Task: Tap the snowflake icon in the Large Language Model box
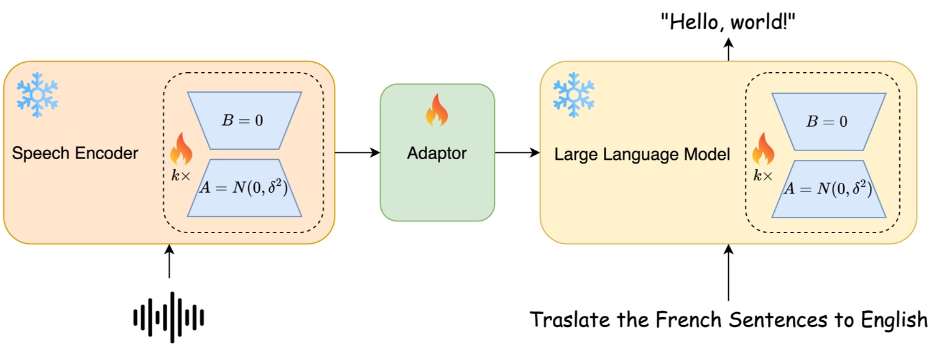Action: [573, 95]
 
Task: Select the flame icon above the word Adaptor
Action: [437, 112]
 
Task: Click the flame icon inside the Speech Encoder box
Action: [182, 149]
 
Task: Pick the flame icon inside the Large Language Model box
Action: [764, 149]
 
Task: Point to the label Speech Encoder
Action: [75, 154]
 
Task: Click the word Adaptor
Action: [437, 153]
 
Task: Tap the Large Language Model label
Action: [642, 154]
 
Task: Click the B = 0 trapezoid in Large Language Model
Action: [828, 121]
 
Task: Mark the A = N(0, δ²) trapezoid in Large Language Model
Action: [828, 188]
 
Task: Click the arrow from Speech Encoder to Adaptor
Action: [357, 152]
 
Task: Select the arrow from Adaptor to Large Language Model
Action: [517, 152]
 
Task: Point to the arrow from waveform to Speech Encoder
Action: [169, 261]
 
